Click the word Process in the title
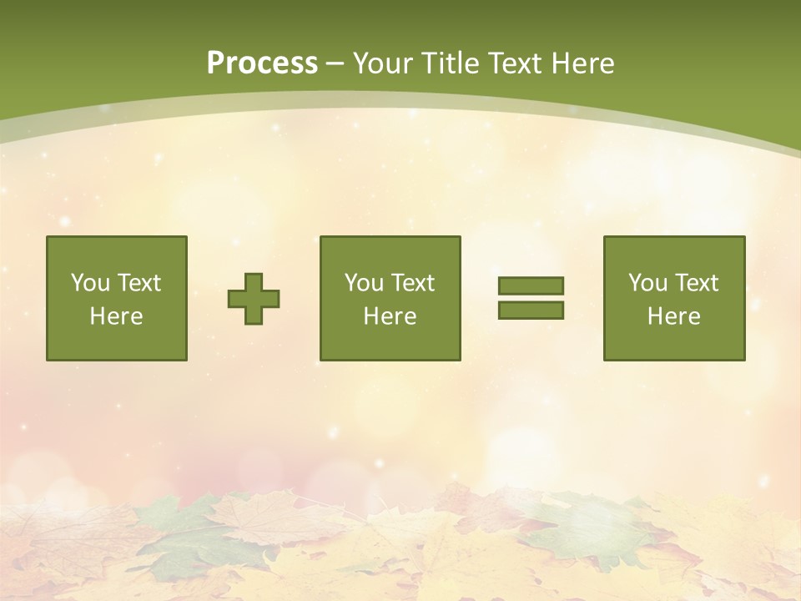coord(262,63)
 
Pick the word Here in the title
coord(585,63)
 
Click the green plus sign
coord(254,299)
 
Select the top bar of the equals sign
coord(531,285)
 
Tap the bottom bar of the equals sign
coord(531,311)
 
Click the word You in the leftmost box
coord(90,283)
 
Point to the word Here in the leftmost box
coord(117,316)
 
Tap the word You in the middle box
coord(364,283)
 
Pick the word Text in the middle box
coord(412,283)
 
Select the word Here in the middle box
coord(390,316)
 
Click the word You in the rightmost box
coord(647,283)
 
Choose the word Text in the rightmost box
coord(696,283)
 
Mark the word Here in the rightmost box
coord(674,316)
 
